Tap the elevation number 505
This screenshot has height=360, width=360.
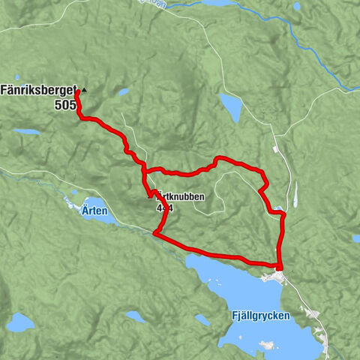(x=64, y=105)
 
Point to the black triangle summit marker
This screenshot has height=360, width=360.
(x=84, y=90)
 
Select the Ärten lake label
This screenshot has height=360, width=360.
(x=95, y=211)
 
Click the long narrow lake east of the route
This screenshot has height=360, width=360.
(x=295, y=194)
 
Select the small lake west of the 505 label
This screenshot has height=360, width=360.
(x=28, y=132)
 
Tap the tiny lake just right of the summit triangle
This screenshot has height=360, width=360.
(x=121, y=93)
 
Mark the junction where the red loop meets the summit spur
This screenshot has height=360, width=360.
(x=144, y=171)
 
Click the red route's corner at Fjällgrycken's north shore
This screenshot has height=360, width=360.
(x=279, y=266)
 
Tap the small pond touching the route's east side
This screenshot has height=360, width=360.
(x=278, y=208)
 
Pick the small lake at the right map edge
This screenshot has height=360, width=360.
(x=355, y=238)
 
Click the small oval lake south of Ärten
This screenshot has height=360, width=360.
(x=135, y=316)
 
